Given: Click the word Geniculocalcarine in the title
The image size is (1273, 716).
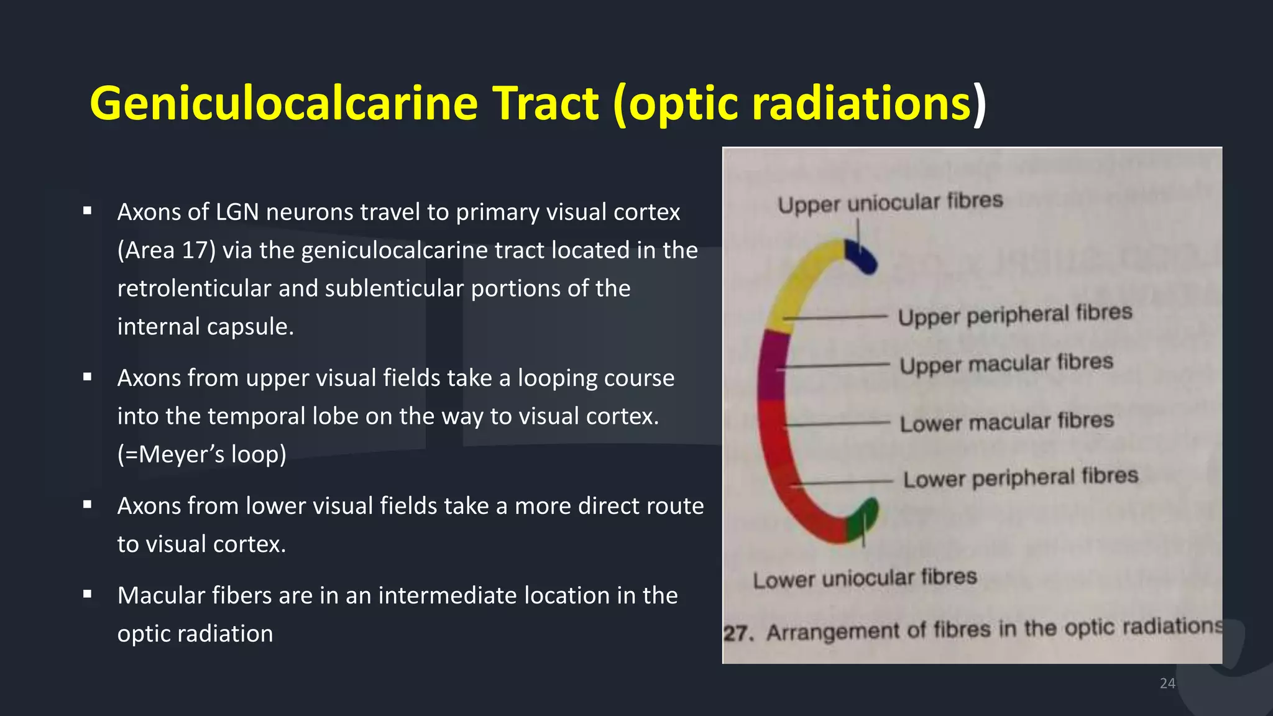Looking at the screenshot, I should (283, 103).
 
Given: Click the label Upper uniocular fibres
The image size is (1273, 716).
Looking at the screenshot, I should (890, 203).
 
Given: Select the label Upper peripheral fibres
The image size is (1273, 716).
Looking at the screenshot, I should (1014, 314).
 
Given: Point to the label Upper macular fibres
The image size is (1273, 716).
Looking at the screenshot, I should (1006, 364).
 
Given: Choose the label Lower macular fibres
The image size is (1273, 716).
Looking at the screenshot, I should (1006, 422).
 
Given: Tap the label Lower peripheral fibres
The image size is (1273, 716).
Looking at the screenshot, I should (1020, 478).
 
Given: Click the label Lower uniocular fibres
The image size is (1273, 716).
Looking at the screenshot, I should (865, 579).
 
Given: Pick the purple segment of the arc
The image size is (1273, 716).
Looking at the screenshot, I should (771, 367).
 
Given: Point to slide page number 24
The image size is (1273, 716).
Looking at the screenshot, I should (1167, 683).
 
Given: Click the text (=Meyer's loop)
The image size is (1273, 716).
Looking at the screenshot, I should (202, 454).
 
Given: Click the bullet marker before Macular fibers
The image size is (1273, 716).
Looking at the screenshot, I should (88, 595).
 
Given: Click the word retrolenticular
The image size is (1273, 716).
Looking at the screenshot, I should (194, 289).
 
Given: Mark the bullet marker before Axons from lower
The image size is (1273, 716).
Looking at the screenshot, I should (88, 505).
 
